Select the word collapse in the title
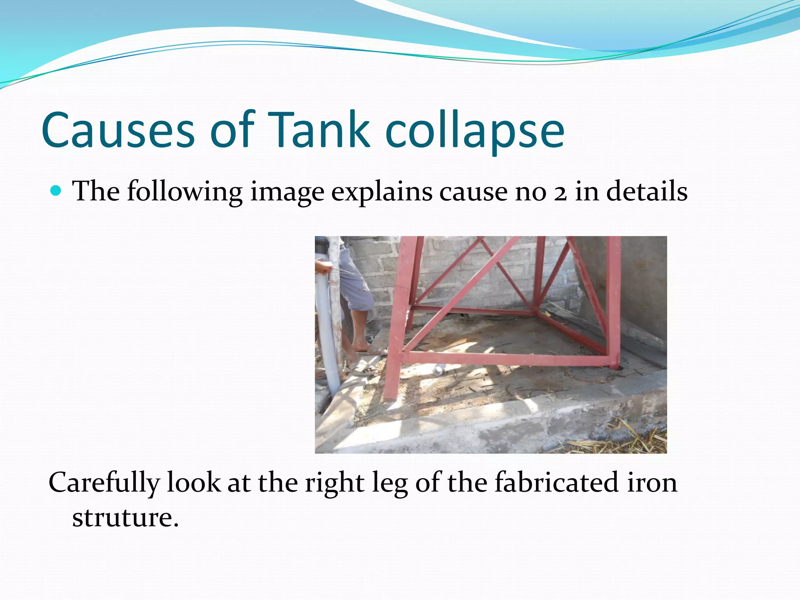point(475,130)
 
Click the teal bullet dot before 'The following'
point(57,191)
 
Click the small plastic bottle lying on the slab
point(439,369)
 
